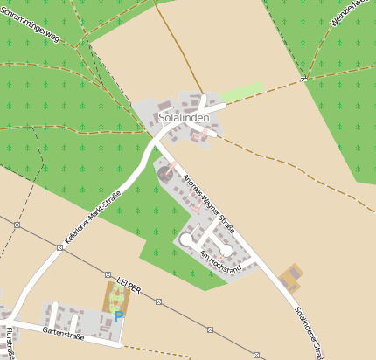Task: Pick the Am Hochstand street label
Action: (x=219, y=263)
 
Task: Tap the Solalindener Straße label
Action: (x=310, y=331)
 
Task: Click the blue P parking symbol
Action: (x=119, y=316)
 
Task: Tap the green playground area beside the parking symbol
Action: (x=118, y=297)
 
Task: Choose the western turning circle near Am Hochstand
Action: (x=185, y=239)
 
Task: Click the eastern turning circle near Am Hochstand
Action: (x=226, y=251)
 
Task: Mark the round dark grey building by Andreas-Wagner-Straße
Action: (x=164, y=175)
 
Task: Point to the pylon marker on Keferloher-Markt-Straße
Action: (x=59, y=247)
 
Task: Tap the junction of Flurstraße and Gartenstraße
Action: (x=13, y=322)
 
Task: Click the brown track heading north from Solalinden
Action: (x=179, y=44)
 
